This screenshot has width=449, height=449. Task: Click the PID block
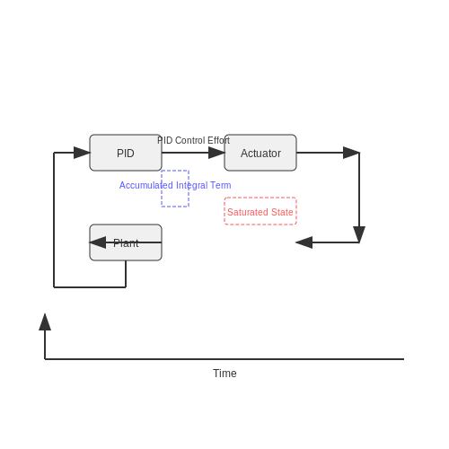click(126, 153)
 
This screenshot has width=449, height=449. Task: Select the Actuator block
click(260, 153)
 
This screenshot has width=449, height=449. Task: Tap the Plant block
click(126, 242)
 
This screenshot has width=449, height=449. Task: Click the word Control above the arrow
click(190, 140)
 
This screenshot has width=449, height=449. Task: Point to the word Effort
click(218, 140)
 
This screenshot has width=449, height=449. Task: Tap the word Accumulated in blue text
click(146, 185)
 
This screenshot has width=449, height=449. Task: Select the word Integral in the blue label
click(192, 186)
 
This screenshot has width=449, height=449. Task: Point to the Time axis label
click(224, 374)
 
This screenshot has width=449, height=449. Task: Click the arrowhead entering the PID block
click(82, 153)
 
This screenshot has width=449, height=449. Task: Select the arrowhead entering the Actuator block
click(216, 153)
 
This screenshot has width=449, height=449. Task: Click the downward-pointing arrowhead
click(359, 234)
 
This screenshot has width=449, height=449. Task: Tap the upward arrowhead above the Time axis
click(45, 321)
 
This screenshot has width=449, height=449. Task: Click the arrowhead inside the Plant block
click(98, 242)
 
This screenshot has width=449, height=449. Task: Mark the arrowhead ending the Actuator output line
click(351, 153)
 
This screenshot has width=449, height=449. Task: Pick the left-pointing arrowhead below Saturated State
click(304, 242)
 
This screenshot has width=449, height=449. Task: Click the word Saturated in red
click(248, 212)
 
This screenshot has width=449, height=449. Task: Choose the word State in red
click(282, 212)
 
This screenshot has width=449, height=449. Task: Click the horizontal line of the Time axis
click(224, 359)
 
